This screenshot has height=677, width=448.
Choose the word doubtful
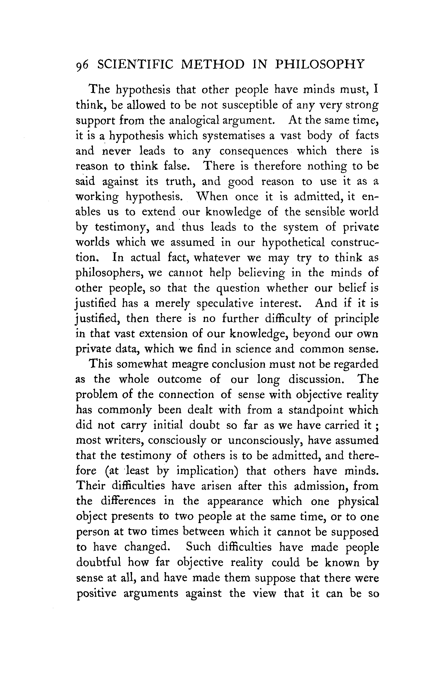(98, 562)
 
